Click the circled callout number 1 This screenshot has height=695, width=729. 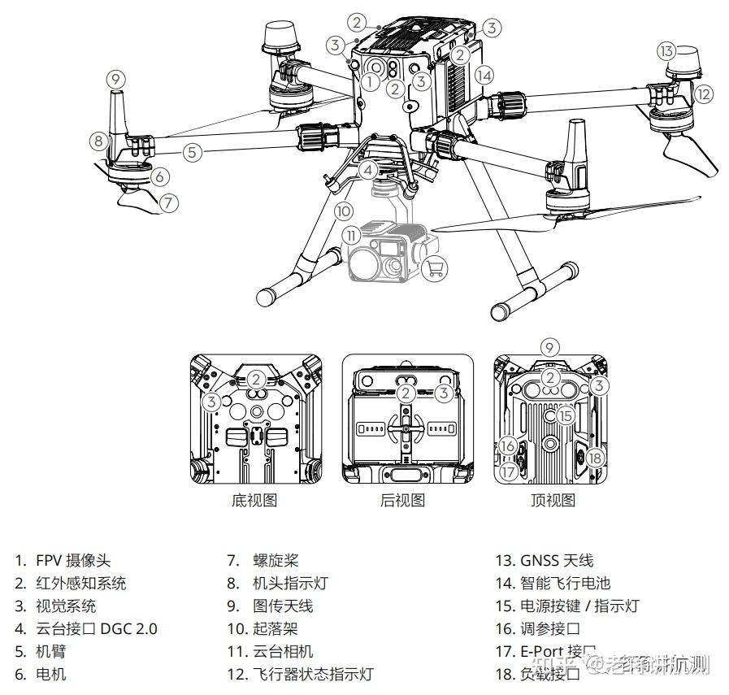pyautogui.click(x=370, y=80)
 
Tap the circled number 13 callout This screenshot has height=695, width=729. pyautogui.click(x=666, y=51)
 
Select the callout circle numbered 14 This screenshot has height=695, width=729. pyautogui.click(x=484, y=76)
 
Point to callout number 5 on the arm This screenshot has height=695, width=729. pyautogui.click(x=192, y=151)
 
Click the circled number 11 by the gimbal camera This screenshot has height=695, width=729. pyautogui.click(x=351, y=235)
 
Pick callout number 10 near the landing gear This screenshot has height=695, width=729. pyautogui.click(x=344, y=211)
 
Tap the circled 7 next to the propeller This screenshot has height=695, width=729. pyautogui.click(x=167, y=202)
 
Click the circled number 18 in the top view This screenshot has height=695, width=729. pyautogui.click(x=595, y=458)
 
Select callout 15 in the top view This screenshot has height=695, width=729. pyautogui.click(x=566, y=415)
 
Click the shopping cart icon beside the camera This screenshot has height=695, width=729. pyautogui.click(x=436, y=267)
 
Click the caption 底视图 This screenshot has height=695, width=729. pyautogui.click(x=254, y=501)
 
